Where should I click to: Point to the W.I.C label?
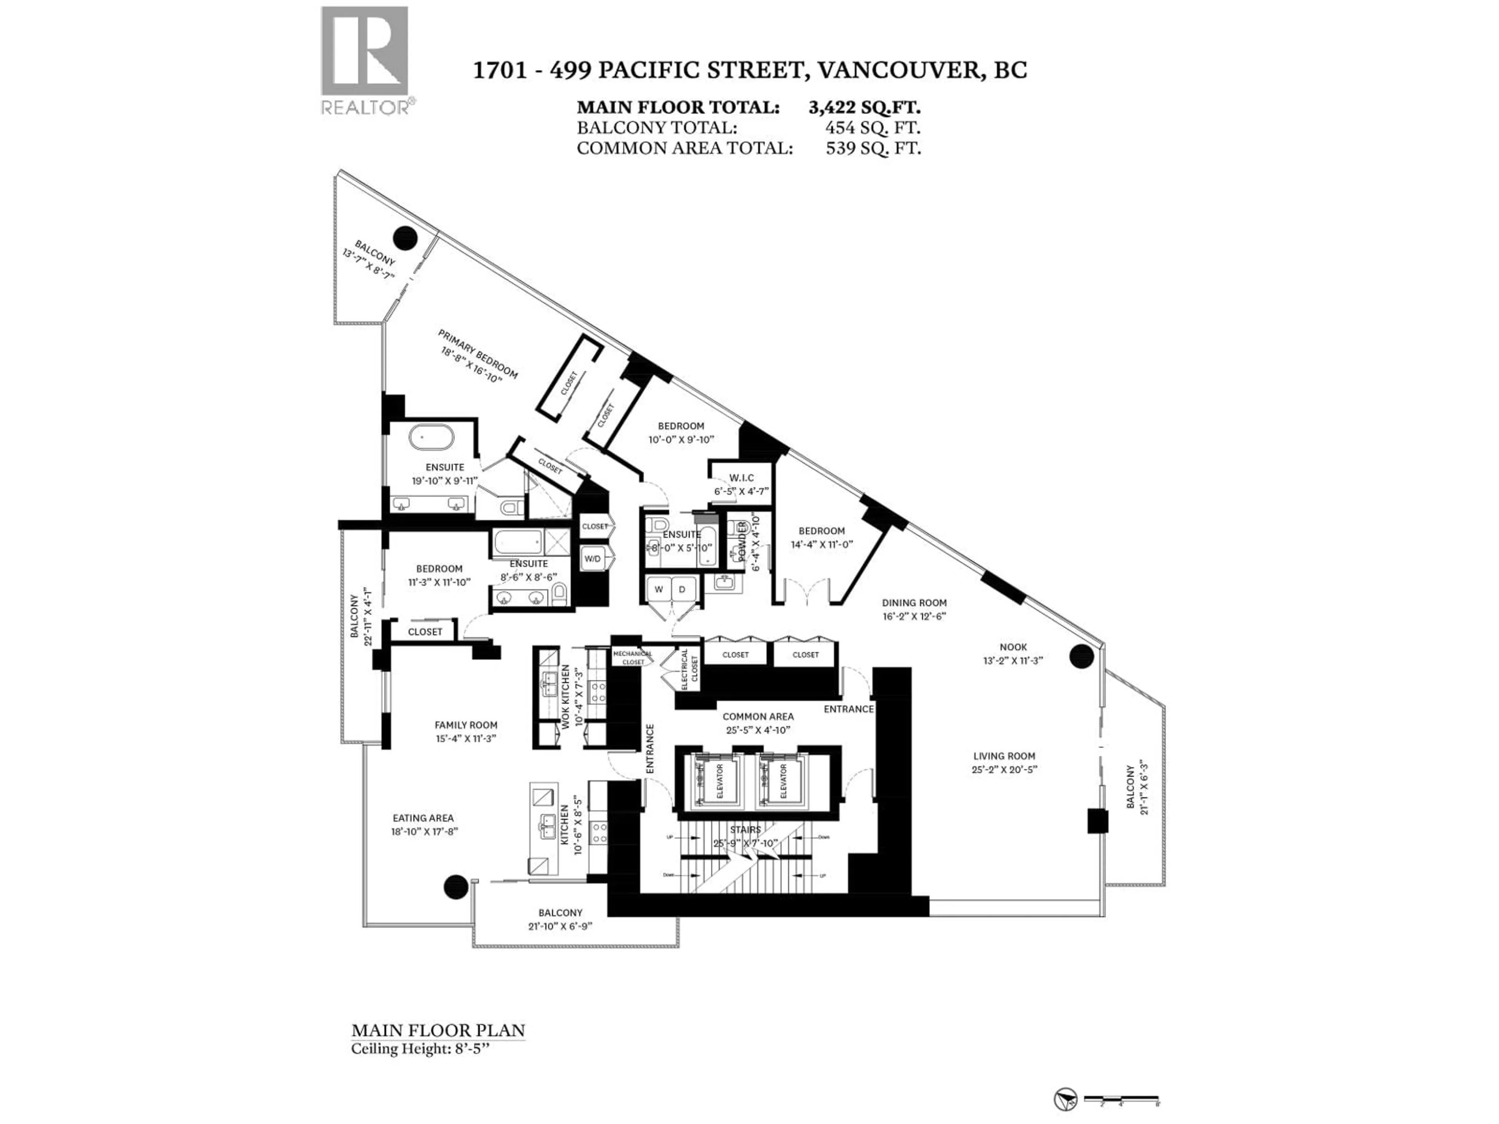(x=741, y=478)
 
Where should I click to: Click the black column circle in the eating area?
(x=456, y=887)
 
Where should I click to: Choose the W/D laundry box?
(x=592, y=559)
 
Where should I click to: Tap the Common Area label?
(x=758, y=716)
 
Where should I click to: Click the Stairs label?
(x=746, y=829)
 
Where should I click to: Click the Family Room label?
(x=466, y=725)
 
